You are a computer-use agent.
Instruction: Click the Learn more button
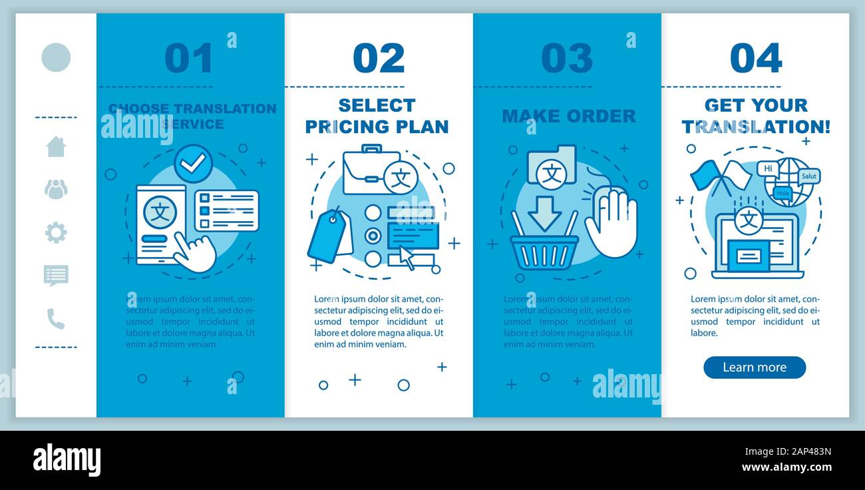tap(754, 367)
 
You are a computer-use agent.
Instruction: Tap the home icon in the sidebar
tap(56, 146)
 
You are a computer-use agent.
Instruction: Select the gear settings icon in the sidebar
tap(56, 232)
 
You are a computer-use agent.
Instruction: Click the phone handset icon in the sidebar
tap(56, 319)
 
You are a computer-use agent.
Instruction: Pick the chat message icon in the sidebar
tap(56, 275)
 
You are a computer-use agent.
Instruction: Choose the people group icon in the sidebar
tap(56, 189)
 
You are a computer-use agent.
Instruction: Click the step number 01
tap(189, 59)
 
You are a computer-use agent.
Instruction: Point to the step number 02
tap(379, 59)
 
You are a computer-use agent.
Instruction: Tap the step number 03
tap(567, 59)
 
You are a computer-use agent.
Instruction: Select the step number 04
tap(756, 59)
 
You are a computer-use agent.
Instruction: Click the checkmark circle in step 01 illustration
tap(193, 164)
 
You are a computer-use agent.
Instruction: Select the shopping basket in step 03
tap(544, 252)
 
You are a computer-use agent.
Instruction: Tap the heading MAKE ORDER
tap(569, 116)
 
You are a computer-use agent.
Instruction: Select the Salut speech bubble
tap(809, 176)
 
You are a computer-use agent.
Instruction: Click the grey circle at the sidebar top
tap(56, 57)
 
